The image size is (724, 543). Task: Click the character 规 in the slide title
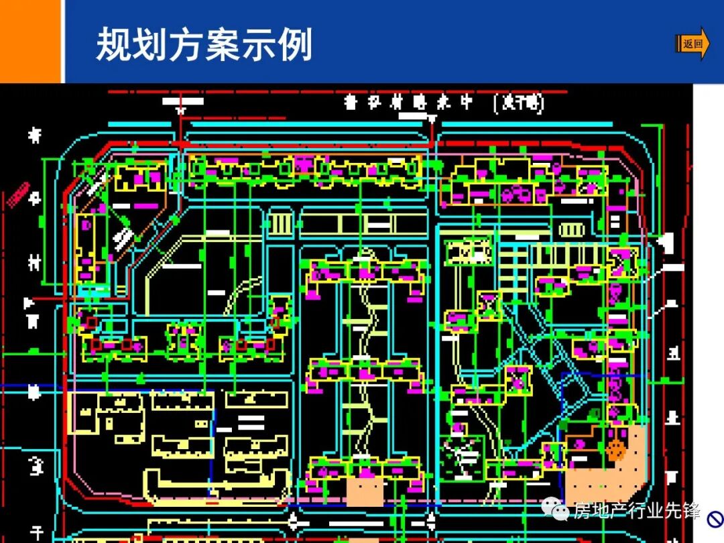pyautogui.click(x=113, y=45)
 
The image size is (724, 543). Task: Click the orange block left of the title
pyautogui.click(x=31, y=40)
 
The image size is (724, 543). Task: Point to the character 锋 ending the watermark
pyautogui.click(x=692, y=511)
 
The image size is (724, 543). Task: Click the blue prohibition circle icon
pyautogui.click(x=715, y=518)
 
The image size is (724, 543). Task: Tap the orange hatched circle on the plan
pyautogui.click(x=615, y=450)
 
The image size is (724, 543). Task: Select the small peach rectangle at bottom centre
pyautogui.click(x=365, y=491)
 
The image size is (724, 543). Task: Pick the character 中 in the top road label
pyautogui.click(x=466, y=103)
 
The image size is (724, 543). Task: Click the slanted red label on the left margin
pyautogui.click(x=19, y=194)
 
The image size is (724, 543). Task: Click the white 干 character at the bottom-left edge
pyautogui.click(x=36, y=533)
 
